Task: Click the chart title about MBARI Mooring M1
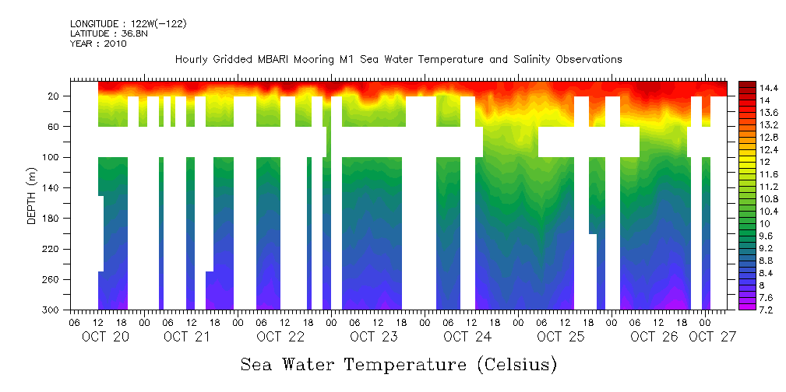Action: click(x=398, y=60)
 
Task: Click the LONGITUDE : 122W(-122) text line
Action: click(x=128, y=24)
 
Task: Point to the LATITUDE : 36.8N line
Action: click(x=107, y=34)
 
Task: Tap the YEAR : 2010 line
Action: click(x=98, y=44)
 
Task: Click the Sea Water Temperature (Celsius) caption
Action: click(x=399, y=364)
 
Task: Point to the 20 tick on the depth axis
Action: click(x=55, y=96)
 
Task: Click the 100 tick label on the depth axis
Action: click(x=52, y=158)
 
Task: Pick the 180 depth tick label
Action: click(x=52, y=219)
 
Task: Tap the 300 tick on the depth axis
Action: click(x=52, y=310)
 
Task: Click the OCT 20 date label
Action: click(x=105, y=337)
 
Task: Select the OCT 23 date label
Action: click(x=373, y=337)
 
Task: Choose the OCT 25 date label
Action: click(x=560, y=337)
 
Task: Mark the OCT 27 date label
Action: click(x=713, y=337)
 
